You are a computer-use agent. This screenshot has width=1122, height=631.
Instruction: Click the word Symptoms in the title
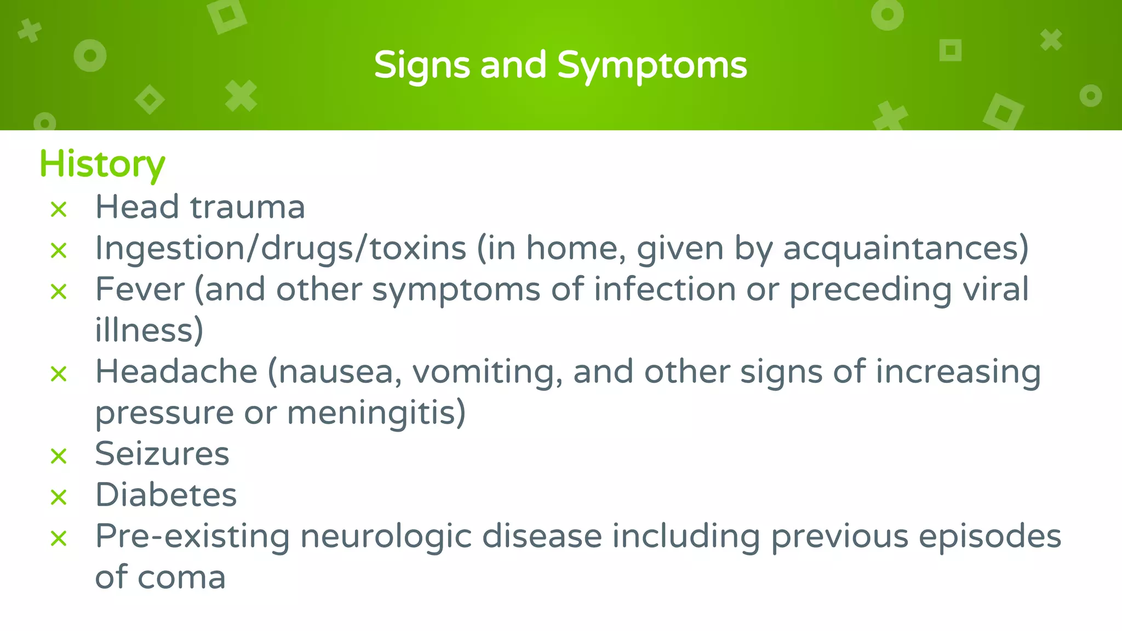651,66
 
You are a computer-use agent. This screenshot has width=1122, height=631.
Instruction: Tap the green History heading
102,164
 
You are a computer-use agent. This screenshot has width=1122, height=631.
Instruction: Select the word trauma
247,207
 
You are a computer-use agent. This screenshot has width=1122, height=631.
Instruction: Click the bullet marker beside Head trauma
59,209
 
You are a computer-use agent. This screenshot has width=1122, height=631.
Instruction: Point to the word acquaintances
906,249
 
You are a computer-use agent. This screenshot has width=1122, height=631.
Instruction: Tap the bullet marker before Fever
59,291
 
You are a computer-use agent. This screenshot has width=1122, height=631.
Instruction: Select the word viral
995,289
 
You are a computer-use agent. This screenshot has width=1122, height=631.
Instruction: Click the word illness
149,330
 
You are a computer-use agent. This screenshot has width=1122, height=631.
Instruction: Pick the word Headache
176,371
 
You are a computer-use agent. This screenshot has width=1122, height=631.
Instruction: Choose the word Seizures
162,454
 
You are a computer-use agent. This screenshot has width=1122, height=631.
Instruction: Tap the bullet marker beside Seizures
59,456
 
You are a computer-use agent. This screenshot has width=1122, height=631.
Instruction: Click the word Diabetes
166,495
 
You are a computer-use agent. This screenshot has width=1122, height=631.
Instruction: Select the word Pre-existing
192,537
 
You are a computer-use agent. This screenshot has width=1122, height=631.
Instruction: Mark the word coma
181,578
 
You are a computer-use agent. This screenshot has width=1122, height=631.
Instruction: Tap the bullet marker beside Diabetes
59,497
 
